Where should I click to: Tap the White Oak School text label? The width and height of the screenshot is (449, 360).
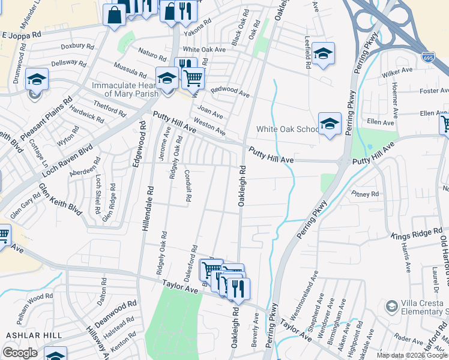coord(288,129)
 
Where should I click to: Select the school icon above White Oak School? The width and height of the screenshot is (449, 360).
coord(330,124)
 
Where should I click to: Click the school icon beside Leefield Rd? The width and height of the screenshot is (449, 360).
coord(323,54)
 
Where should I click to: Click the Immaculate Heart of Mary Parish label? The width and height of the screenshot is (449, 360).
coord(125,89)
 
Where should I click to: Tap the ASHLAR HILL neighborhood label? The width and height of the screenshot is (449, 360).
coord(26,335)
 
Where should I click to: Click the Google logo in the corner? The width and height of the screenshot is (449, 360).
coord(20,353)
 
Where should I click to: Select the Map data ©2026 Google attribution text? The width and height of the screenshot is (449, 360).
coord(411,355)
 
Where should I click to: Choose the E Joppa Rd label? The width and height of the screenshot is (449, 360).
coord(20,35)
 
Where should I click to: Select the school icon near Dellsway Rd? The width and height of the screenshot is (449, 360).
coord(37,79)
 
